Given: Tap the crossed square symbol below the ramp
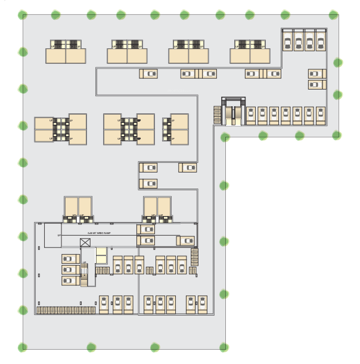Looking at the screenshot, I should tap(85, 242).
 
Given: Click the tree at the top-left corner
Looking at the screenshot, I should tap(23, 15).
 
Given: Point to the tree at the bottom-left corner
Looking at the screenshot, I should tap(23, 347).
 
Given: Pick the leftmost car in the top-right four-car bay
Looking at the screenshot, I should tap(287, 41).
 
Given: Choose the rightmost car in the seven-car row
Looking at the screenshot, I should tap(321, 115).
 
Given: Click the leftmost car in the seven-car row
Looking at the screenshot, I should tap(251, 115).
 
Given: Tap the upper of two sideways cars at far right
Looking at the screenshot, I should tap(316, 73).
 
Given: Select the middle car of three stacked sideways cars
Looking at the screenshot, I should tap(70, 269).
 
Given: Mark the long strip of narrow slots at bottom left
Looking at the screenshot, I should tap(66, 310).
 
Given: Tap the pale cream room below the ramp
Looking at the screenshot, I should tap(101, 255).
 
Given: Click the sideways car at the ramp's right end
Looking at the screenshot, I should tap(185, 240).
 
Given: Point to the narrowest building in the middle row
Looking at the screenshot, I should tap(176, 129).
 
